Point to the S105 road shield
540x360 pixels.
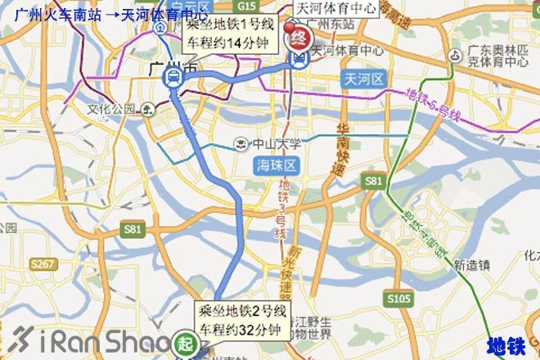399,298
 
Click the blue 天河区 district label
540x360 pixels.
361,78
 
